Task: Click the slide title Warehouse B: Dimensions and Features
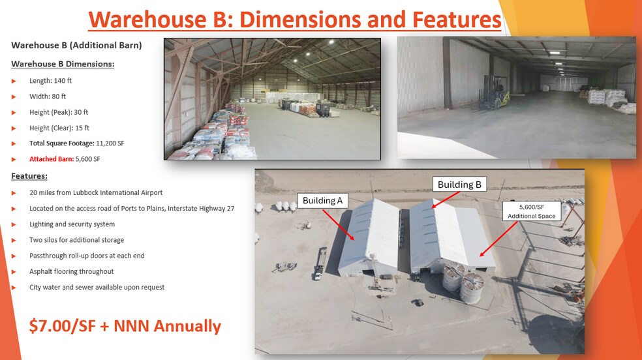295,19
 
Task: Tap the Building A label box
323,200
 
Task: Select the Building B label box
459,185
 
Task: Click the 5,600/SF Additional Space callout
532,211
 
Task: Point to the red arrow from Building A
338,224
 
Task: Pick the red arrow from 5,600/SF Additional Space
498,239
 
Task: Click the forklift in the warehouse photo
494,93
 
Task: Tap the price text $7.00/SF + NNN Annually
125,326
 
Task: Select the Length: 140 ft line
50,81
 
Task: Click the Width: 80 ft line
48,97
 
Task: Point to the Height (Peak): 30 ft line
59,112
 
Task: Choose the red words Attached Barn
52,159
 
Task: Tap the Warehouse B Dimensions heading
63,64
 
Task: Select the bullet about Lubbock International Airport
96,192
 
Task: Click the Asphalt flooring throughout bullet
71,272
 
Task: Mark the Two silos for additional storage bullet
76,240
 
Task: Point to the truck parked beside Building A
320,263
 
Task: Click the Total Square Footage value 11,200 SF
110,143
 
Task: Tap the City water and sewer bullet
97,287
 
